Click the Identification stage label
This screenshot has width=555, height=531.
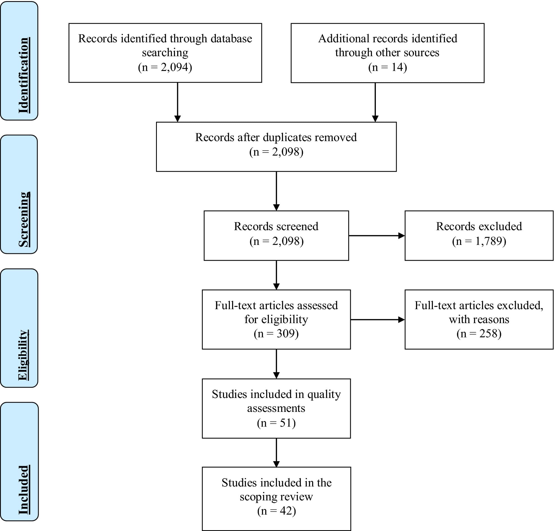click(24, 75)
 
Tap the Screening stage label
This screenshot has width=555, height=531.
click(24, 219)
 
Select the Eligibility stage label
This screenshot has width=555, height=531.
click(23, 355)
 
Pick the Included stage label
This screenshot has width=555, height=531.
click(24, 490)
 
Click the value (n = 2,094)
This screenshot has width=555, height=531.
click(165, 67)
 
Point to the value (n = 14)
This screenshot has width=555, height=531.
click(387, 67)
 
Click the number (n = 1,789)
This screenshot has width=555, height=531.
click(479, 241)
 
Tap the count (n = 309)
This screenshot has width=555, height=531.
click(276, 333)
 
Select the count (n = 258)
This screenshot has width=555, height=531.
click(479, 333)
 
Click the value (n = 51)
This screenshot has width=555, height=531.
click(276, 423)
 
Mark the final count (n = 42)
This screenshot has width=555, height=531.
click(276, 511)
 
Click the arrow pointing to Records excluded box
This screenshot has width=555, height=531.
click(377, 235)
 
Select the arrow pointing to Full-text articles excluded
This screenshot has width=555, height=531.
click(378, 320)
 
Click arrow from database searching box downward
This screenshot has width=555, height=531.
click(177, 102)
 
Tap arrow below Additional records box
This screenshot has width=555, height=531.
click(375, 102)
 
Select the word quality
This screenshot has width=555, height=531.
click(324, 394)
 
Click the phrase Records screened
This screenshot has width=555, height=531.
click(276, 226)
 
